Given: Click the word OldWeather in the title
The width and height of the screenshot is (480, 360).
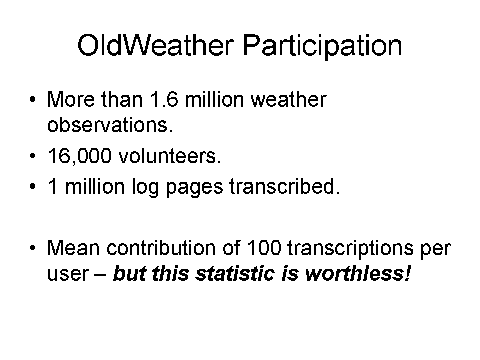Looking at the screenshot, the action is click(x=156, y=45).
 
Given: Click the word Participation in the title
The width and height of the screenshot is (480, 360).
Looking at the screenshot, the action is click(x=322, y=46).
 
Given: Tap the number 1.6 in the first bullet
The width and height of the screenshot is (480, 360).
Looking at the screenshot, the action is click(x=164, y=99).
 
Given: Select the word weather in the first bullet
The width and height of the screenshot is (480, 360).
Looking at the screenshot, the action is click(x=288, y=99).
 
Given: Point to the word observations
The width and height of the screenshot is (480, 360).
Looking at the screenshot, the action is click(x=110, y=125).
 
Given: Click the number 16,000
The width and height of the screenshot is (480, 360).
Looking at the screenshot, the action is click(x=80, y=156).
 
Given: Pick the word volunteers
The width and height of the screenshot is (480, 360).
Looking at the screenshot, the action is click(x=170, y=156).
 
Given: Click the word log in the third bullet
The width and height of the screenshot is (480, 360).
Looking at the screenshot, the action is click(x=145, y=187).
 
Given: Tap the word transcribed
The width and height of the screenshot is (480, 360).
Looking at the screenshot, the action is click(x=284, y=186).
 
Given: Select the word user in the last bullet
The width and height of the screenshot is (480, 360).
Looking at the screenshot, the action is click(x=68, y=274).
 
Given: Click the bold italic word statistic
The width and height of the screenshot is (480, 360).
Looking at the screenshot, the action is click(x=235, y=273).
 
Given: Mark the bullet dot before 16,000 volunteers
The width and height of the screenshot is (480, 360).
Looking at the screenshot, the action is click(x=33, y=156).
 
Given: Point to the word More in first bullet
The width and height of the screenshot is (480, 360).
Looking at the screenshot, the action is click(x=71, y=99).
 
